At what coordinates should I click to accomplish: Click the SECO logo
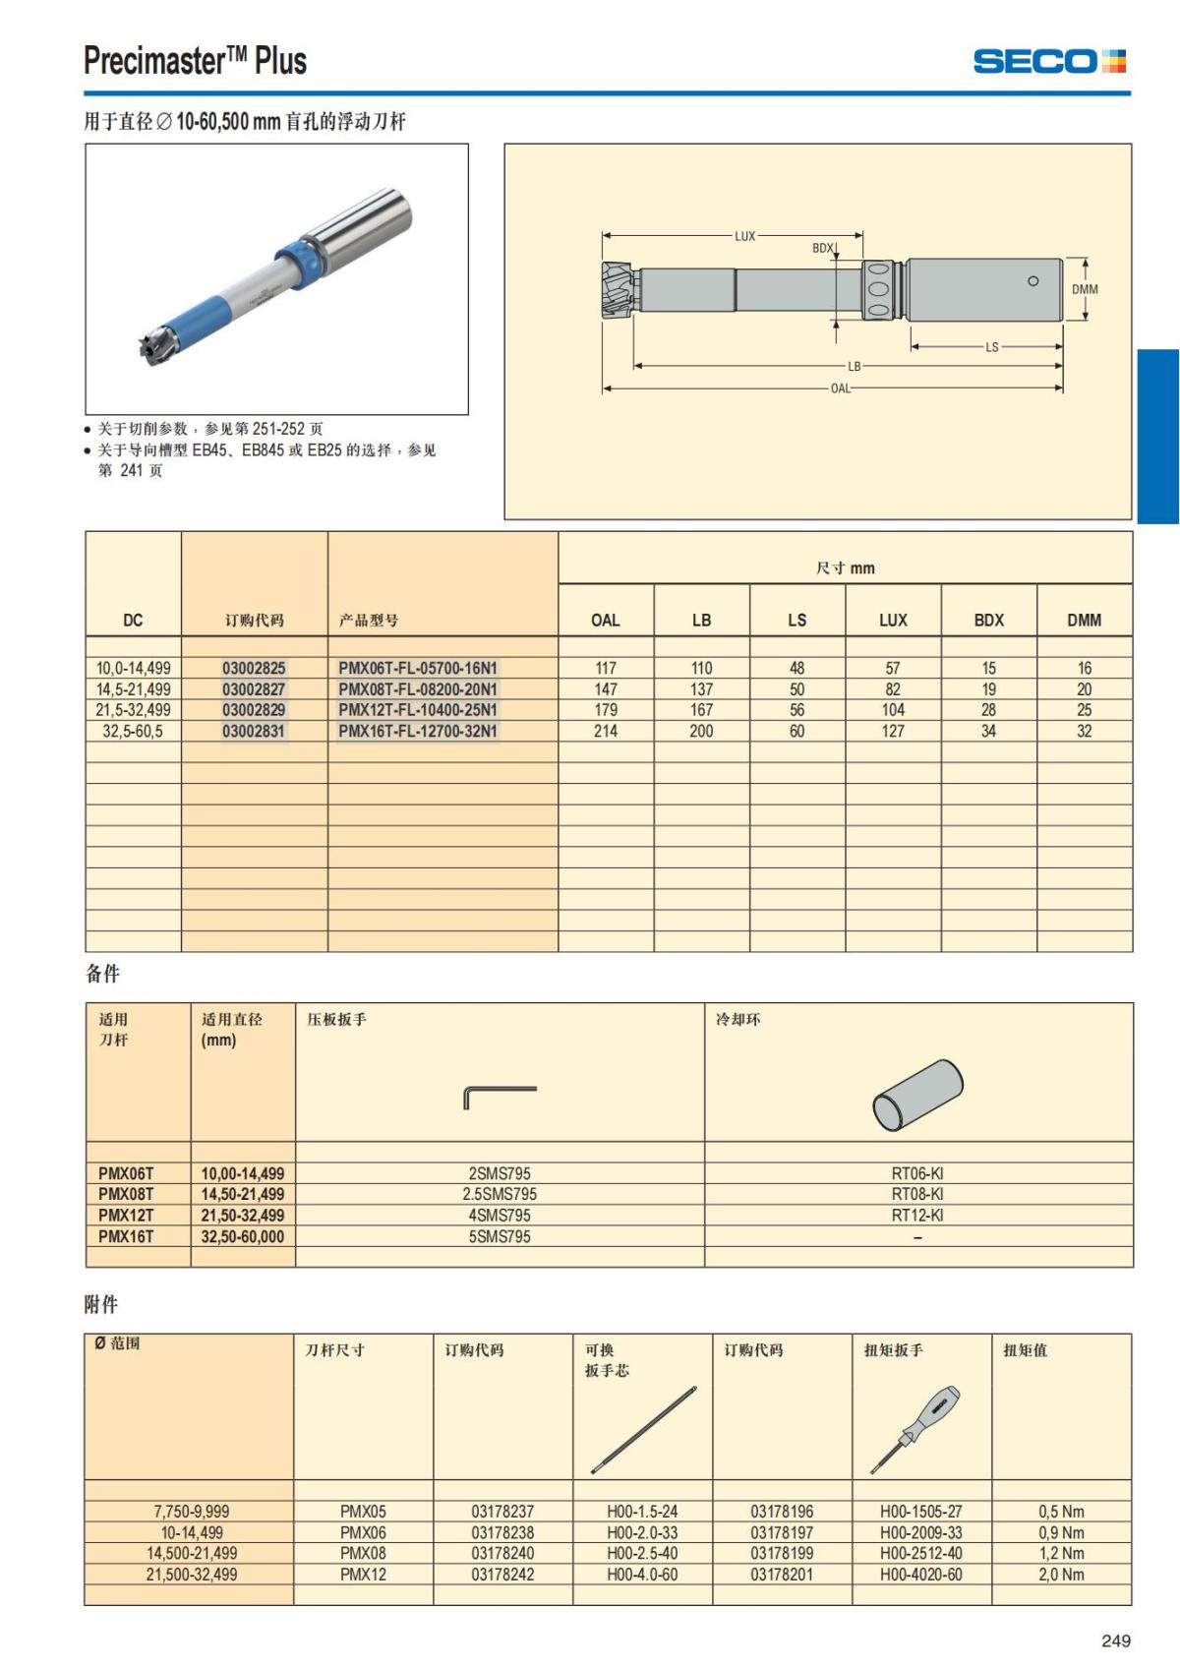(x=1049, y=61)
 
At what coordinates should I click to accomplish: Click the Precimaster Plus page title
(x=196, y=61)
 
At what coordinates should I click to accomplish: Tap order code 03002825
(x=254, y=668)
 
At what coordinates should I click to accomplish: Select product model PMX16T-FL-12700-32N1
(x=418, y=731)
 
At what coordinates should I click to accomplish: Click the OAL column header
(x=606, y=620)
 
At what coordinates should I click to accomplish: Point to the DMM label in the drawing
(x=1085, y=289)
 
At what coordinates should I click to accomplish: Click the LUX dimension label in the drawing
(x=745, y=236)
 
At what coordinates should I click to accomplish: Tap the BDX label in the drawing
(x=823, y=248)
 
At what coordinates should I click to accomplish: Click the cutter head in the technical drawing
(x=618, y=290)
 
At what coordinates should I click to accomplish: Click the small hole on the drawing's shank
(x=1032, y=281)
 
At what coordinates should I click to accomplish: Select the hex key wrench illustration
(x=500, y=1096)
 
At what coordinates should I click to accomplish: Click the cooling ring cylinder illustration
(x=917, y=1095)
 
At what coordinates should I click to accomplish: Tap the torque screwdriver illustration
(x=915, y=1429)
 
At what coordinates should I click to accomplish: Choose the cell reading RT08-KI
(x=917, y=1194)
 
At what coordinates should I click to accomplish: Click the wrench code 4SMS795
(x=500, y=1216)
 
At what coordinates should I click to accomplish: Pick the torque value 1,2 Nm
(x=1061, y=1553)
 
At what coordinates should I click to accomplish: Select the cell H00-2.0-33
(x=642, y=1532)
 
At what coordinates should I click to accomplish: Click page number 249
(x=1116, y=1640)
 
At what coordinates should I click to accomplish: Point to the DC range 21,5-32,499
(x=134, y=710)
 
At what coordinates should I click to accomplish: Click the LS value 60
(x=796, y=731)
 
